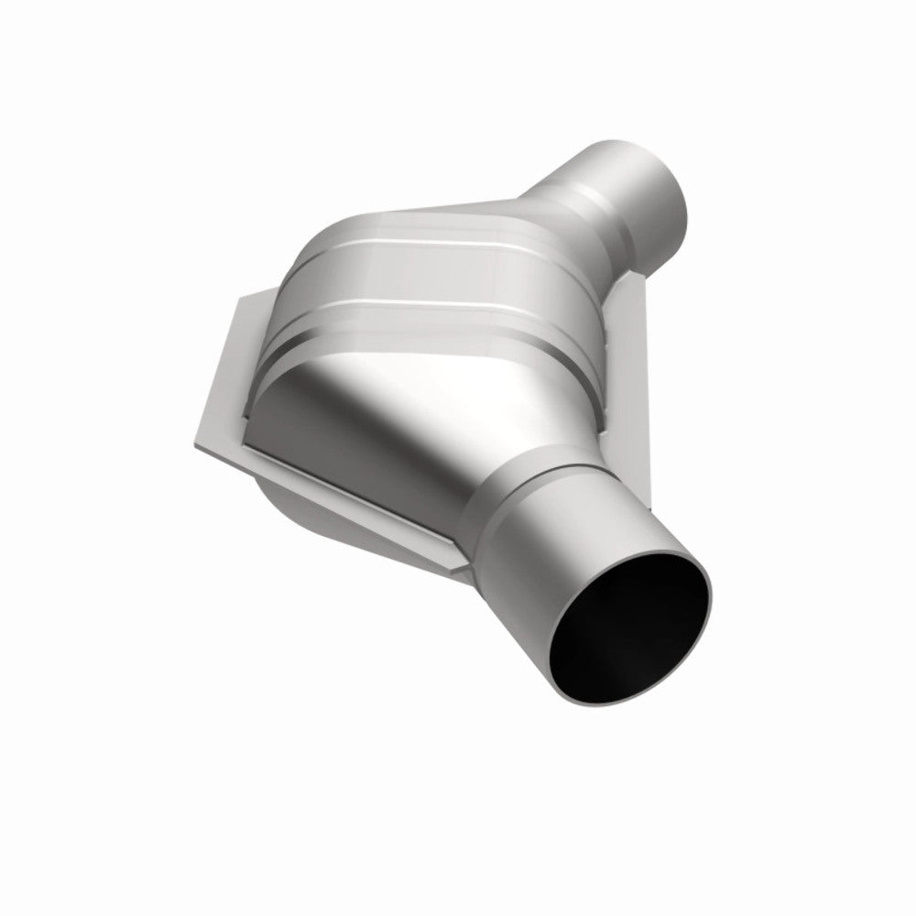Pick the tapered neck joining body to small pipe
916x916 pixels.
[x=540, y=206]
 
